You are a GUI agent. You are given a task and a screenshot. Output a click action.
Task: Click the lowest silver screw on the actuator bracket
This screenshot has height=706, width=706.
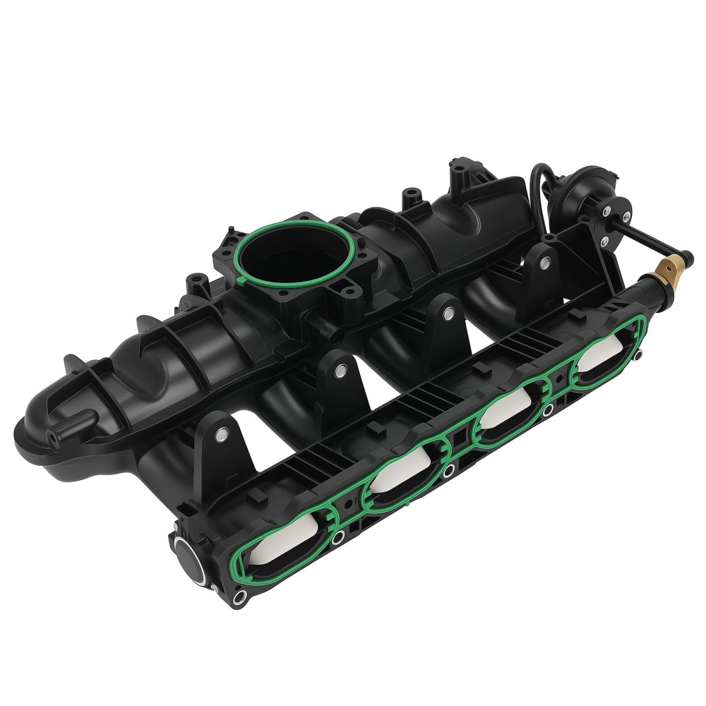(x=604, y=241)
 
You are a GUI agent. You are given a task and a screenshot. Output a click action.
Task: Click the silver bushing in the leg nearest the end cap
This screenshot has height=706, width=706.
(x=222, y=436)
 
